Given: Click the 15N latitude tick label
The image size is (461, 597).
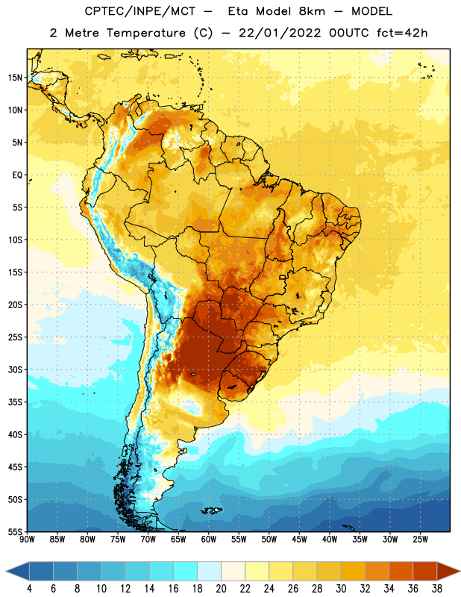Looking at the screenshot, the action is [x=15, y=78].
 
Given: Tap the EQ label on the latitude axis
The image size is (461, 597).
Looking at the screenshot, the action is [x=17, y=175].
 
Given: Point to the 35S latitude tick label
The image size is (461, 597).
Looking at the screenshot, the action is [x=15, y=402].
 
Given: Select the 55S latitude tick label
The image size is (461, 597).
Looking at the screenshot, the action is [x=15, y=531].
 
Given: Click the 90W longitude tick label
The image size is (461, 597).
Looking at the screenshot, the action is [x=27, y=540].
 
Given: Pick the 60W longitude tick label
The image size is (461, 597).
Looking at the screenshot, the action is [x=209, y=540].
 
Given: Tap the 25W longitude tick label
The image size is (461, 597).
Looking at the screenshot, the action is [x=420, y=540].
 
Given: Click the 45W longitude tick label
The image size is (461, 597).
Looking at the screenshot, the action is [x=299, y=540].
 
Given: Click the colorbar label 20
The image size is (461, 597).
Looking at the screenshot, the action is [x=221, y=589].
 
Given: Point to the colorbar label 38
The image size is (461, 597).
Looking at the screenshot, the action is [x=437, y=589].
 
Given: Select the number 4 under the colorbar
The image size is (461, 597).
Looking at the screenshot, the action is [x=29, y=589].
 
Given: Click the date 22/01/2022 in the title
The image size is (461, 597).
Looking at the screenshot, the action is [x=280, y=33].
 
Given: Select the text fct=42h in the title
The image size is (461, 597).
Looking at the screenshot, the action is [x=402, y=33].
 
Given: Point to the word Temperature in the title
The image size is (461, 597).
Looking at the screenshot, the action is [x=145, y=34].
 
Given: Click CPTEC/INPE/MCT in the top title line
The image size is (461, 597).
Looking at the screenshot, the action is [x=139, y=11].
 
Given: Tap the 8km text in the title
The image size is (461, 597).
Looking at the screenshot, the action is [x=312, y=11].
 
